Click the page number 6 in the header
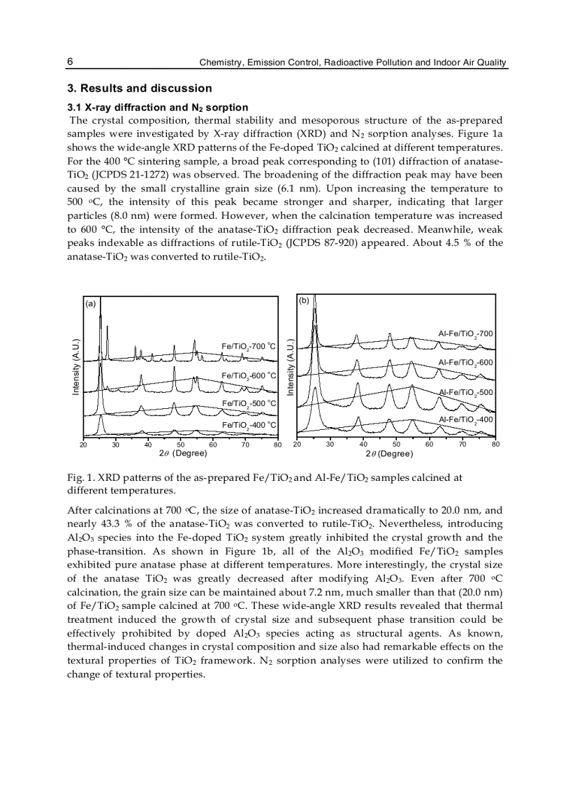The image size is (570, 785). [70, 62]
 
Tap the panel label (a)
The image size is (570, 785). [90, 303]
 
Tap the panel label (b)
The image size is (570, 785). [304, 301]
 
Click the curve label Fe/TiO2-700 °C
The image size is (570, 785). [249, 346]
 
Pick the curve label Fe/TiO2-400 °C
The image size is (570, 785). [249, 424]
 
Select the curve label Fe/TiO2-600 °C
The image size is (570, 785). [249, 375]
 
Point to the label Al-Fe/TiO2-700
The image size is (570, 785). [465, 334]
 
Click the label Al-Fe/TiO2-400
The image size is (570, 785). [465, 419]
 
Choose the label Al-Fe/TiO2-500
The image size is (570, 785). [465, 392]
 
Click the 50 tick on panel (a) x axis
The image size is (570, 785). [180, 445]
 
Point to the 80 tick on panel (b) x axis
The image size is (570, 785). [496, 444]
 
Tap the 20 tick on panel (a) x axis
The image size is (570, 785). [83, 445]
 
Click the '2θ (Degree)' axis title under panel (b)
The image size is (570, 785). [389, 454]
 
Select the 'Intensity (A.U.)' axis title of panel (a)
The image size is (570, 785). [75, 367]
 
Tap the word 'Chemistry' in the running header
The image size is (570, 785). [220, 63]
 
